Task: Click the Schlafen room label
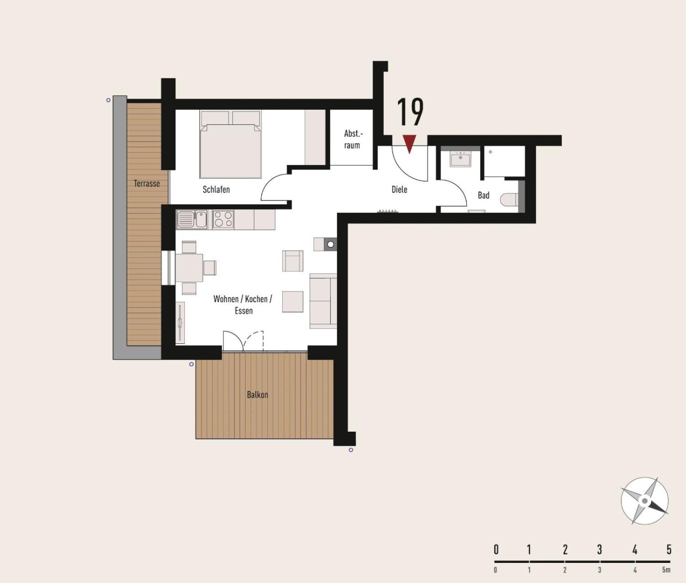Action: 216,190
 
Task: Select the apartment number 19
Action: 410,112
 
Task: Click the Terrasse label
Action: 147,183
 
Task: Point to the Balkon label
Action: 257,395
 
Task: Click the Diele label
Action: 399,190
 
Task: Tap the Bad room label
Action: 484,195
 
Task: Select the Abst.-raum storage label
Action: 353,139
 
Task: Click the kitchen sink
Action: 192,219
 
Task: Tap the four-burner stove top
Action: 223,219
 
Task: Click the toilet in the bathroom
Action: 509,200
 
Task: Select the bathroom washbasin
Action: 460,159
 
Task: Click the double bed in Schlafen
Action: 231,145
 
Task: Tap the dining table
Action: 189,268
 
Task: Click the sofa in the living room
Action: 323,301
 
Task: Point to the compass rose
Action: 644,501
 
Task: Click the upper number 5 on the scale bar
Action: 669,550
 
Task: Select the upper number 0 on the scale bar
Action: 496,550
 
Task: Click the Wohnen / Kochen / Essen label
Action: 243,305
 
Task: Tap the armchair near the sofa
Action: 293,261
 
